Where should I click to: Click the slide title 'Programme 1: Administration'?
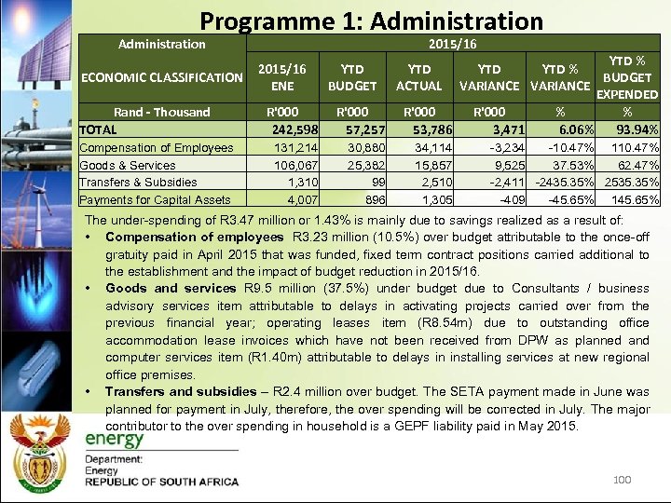(371, 20)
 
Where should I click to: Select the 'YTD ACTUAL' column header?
(418, 77)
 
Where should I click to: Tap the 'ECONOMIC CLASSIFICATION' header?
(162, 77)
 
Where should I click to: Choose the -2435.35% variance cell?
(562, 183)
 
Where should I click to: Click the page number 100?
(622, 479)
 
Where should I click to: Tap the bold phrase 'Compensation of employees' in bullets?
(195, 237)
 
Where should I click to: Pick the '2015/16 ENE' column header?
(281, 77)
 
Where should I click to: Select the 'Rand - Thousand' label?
(162, 112)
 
